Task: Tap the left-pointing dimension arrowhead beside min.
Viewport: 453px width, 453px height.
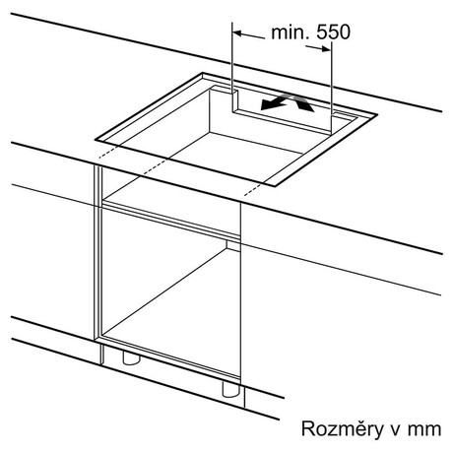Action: pyautogui.click(x=237, y=32)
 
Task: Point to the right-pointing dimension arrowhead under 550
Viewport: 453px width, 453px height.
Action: pyautogui.click(x=326, y=49)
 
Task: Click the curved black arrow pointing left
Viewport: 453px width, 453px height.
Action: pyautogui.click(x=275, y=101)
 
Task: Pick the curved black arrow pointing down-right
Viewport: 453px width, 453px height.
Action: pyautogui.click(x=303, y=103)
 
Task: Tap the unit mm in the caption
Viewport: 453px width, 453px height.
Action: pyautogui.click(x=424, y=430)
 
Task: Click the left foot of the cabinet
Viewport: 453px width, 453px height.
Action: pyautogui.click(x=131, y=357)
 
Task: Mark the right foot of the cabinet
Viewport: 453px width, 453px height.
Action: pyautogui.click(x=231, y=389)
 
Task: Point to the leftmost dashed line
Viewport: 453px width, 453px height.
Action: pyautogui.click(x=107, y=152)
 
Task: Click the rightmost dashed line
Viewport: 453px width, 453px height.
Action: pyautogui.click(x=253, y=189)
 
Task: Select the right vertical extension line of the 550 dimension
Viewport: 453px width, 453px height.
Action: pyautogui.click(x=331, y=88)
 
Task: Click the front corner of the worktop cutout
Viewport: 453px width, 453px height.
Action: pyautogui.click(x=275, y=186)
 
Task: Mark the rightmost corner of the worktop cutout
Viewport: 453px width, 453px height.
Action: pyautogui.click(x=377, y=114)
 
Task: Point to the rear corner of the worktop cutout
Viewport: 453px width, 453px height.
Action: pyautogui.click(x=203, y=73)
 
